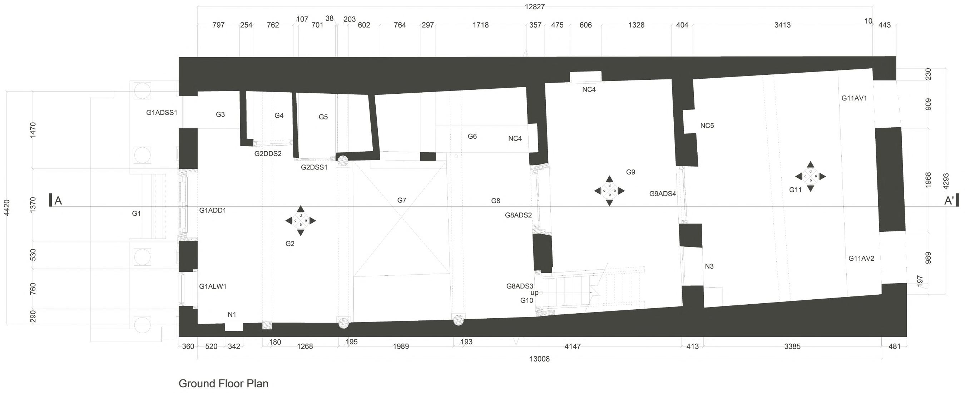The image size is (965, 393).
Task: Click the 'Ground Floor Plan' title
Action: pyautogui.click(x=223, y=384)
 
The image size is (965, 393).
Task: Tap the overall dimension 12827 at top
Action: pyautogui.click(x=535, y=7)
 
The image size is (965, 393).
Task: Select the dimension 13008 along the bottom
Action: pyautogui.click(x=539, y=359)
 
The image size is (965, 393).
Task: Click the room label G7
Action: pyautogui.click(x=402, y=201)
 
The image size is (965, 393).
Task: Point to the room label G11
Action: pyautogui.click(x=795, y=190)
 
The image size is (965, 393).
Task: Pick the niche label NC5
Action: pyautogui.click(x=707, y=126)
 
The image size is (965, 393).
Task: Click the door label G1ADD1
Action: pyautogui.click(x=212, y=211)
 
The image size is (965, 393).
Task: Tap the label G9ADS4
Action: pyautogui.click(x=662, y=194)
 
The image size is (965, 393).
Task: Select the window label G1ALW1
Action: pyautogui.click(x=212, y=286)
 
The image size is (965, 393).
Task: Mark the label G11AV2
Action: pyautogui.click(x=861, y=259)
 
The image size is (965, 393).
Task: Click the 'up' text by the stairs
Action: pyautogui.click(x=534, y=293)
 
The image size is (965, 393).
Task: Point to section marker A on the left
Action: pyautogui.click(x=58, y=201)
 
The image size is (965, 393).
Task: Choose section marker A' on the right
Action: pyautogui.click(x=949, y=201)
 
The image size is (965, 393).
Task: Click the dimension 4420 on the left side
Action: pyautogui.click(x=7, y=207)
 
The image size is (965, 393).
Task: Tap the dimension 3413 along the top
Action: pyautogui.click(x=782, y=25)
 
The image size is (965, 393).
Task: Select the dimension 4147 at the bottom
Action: pyautogui.click(x=572, y=347)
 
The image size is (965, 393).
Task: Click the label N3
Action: pyautogui.click(x=709, y=266)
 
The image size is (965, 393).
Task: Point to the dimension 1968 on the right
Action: pyautogui.click(x=927, y=180)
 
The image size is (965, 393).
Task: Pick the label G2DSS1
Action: pyautogui.click(x=314, y=167)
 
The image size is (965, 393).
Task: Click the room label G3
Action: pyautogui.click(x=220, y=115)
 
